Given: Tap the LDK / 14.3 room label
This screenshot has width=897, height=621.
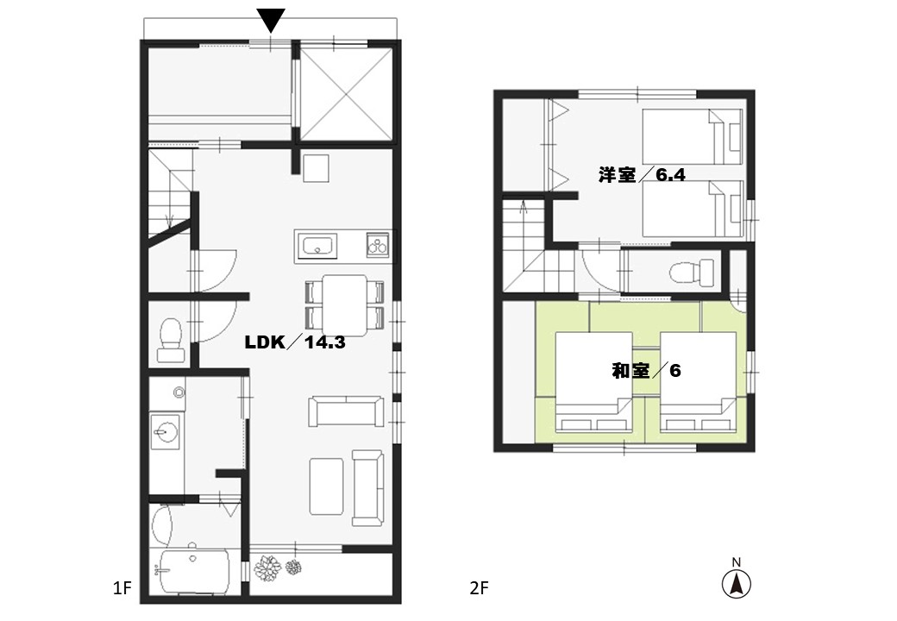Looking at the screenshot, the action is tap(295, 342).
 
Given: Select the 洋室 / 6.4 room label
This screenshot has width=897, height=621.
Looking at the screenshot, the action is tap(642, 174).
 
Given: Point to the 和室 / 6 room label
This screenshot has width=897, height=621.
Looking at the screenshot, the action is tap(646, 371).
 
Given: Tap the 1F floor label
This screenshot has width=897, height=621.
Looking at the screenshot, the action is tap(122, 588).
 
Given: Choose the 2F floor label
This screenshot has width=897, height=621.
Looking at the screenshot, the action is tap(480, 588).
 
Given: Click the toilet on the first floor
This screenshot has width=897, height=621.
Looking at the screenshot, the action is tap(171, 341).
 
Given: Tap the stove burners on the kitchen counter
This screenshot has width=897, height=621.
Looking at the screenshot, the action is tap(378, 245).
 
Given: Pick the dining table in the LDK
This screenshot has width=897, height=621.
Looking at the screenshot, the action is tap(345, 305).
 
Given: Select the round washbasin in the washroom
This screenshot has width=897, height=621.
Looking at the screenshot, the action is tap(166, 431).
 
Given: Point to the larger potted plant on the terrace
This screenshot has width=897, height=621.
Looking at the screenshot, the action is tap(267, 568).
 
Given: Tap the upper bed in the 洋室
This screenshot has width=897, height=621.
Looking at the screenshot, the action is tap(693, 136).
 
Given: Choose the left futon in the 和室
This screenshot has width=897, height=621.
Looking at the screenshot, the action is tap(594, 382).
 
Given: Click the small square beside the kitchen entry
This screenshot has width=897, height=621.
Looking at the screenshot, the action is tap(317, 167).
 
